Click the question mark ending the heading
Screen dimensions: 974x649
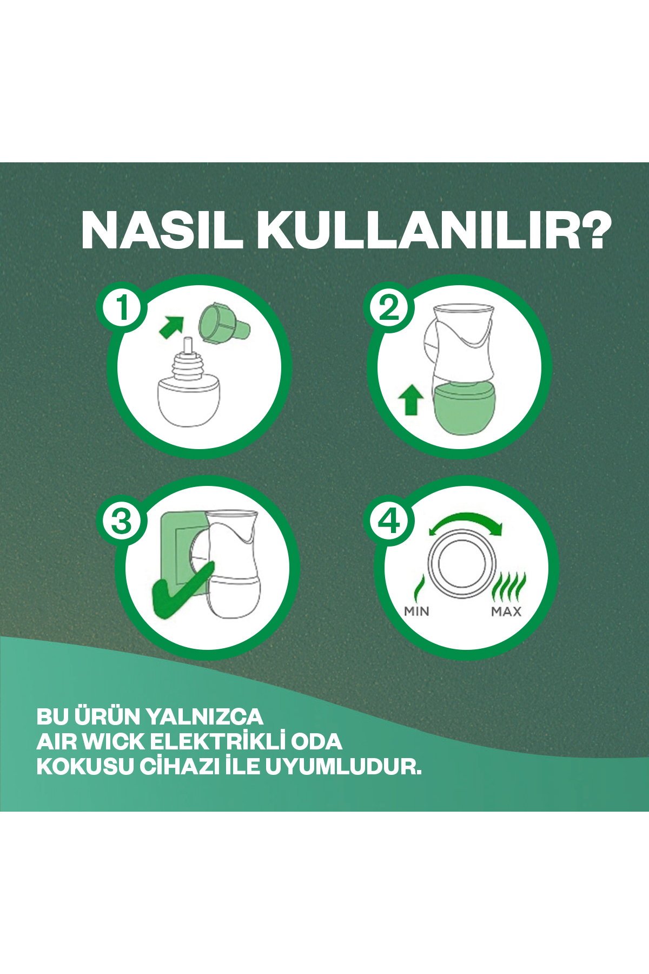592,230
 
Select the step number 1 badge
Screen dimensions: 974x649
122,307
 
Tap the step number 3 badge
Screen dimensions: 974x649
122,521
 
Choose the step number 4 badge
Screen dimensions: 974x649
389,521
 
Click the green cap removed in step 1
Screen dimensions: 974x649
222,324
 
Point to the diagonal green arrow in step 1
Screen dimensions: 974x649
171,327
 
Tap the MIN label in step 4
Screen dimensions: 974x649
416,611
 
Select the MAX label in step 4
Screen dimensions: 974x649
506,611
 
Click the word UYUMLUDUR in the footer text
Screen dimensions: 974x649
343,767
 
